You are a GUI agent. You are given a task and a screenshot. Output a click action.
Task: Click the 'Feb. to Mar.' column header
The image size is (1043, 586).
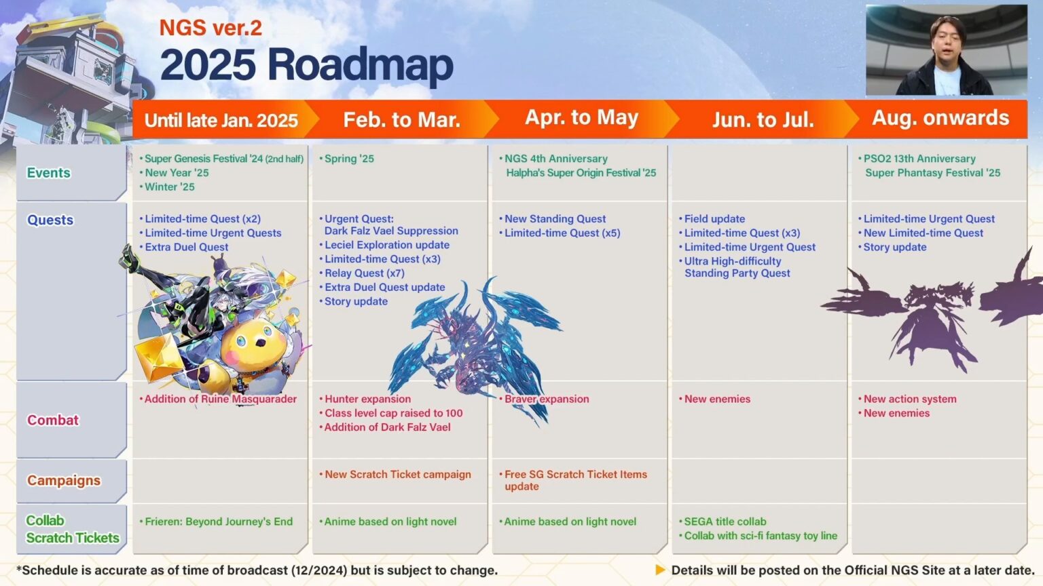(401, 120)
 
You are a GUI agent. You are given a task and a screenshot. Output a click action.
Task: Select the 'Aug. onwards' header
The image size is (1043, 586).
(940, 118)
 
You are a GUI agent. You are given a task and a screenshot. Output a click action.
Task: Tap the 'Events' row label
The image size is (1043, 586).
(48, 173)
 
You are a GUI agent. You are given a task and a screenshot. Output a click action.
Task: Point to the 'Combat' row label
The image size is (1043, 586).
(53, 420)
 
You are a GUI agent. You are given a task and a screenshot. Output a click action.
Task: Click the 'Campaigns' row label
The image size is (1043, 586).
(64, 480)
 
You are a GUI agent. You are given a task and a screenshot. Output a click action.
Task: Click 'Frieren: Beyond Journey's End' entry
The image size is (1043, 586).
(219, 522)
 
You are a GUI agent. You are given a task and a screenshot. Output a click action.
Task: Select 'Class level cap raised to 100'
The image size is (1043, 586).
(393, 413)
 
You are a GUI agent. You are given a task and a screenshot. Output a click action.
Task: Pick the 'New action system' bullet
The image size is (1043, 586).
(910, 399)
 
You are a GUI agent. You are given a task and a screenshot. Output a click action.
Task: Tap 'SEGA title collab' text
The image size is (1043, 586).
(725, 522)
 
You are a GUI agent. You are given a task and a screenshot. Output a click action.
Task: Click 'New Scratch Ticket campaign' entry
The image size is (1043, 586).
(397, 475)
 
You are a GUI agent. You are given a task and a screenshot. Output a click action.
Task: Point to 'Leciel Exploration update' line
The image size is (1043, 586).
(386, 245)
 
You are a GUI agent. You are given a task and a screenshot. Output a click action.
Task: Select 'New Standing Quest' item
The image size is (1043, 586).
(555, 219)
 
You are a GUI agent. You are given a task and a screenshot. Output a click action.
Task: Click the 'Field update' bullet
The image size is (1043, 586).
(714, 219)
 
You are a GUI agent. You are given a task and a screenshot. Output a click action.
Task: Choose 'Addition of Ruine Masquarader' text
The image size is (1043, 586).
(220, 399)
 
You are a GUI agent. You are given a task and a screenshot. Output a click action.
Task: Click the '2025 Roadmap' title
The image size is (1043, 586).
(306, 65)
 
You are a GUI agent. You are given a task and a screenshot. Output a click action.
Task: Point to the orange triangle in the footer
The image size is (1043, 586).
(660, 570)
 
